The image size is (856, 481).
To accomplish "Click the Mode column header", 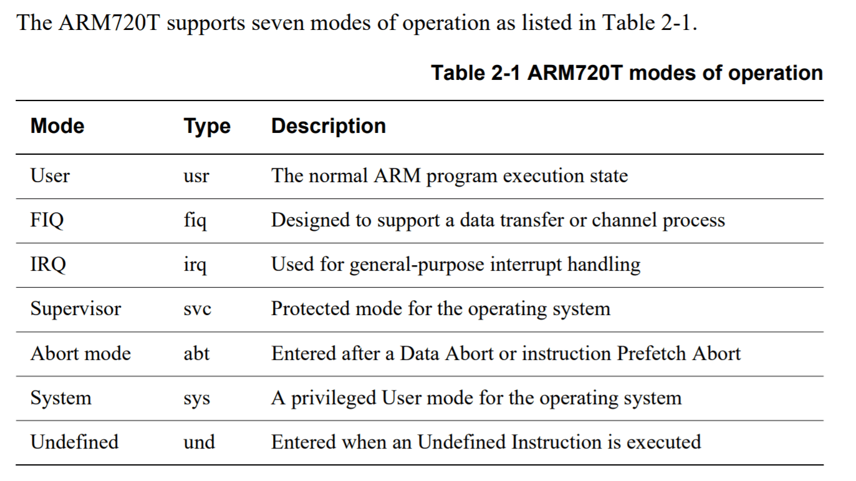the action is [x=57, y=126].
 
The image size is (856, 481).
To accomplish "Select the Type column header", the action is [x=207, y=127].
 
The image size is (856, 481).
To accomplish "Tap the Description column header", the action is [x=329, y=126].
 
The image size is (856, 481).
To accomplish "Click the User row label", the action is [x=50, y=176].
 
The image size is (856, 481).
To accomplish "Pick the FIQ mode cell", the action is [x=47, y=221].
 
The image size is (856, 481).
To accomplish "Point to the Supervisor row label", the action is [x=75, y=309].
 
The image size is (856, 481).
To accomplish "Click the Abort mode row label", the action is [x=80, y=353].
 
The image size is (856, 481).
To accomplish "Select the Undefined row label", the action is [x=75, y=442].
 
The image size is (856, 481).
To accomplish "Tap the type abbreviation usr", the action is [x=196, y=177].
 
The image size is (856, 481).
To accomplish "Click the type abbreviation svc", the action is [x=197, y=309].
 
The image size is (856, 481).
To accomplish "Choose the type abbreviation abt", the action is [x=196, y=353].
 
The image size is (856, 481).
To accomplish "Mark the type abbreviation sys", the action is [x=197, y=399].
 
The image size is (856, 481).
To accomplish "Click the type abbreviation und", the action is [x=199, y=442].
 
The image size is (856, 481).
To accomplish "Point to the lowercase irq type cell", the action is [x=195, y=265].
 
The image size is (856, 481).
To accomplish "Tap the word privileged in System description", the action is [x=334, y=399].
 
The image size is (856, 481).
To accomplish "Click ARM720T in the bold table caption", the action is [x=575, y=73].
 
